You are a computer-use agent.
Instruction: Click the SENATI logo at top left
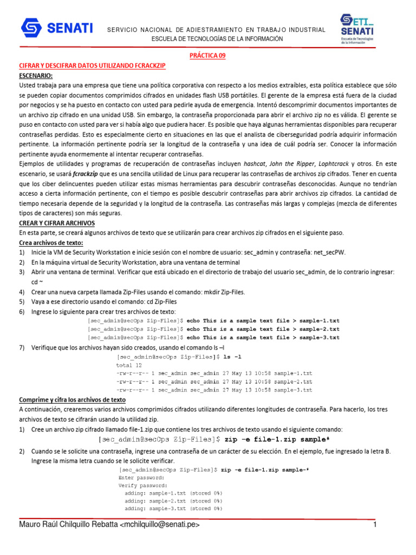coord(57,27)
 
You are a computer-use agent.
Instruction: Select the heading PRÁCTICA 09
coord(208,55)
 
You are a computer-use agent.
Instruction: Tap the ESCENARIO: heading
coord(36,75)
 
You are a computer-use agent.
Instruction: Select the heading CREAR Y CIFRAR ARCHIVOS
coord(57,223)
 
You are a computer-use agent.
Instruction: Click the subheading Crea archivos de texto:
coord(51,243)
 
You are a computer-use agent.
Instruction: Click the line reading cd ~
coord(37,282)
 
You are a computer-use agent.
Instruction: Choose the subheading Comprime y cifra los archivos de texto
coord(72,399)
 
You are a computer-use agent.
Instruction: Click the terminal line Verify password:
coord(143,486)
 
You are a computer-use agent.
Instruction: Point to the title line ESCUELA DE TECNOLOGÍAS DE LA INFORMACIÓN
coord(217,39)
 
